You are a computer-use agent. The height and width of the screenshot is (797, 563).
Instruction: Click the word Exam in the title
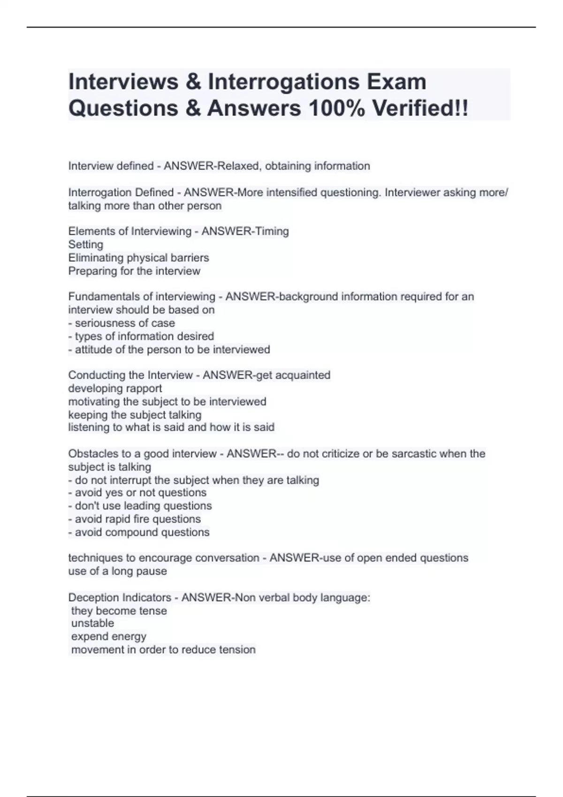396,82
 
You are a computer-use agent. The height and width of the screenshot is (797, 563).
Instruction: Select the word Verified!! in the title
420,109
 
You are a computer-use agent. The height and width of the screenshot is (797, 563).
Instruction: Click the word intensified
291,193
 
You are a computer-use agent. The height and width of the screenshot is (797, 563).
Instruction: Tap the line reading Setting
85,244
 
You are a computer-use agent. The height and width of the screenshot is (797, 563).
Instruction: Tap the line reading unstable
92,624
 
